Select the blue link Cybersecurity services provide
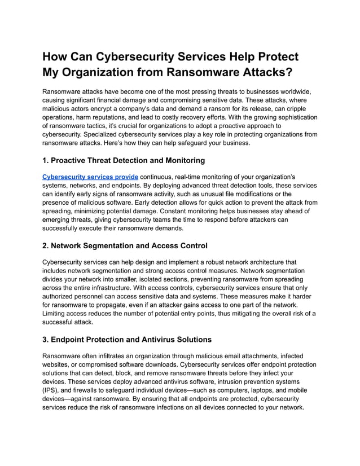click(x=90, y=177)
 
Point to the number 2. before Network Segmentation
click(x=46, y=245)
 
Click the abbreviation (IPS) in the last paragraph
click(x=52, y=390)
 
